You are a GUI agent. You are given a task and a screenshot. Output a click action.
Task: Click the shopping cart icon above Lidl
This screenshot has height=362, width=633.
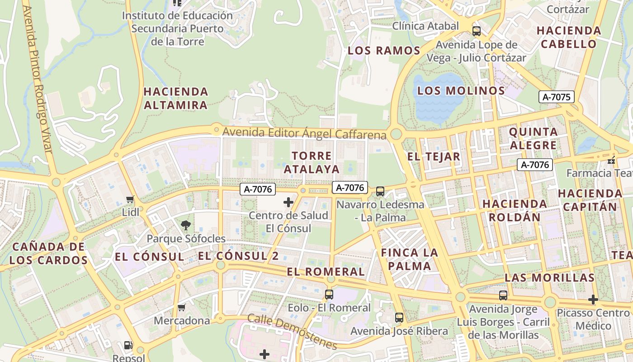click(130, 199)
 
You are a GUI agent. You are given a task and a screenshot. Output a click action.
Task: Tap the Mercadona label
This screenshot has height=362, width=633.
click(182, 321)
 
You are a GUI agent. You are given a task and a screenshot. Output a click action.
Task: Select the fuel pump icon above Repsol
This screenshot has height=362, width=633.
click(128, 345)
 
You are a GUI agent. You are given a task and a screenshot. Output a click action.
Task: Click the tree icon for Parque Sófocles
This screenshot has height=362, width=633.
click(185, 225)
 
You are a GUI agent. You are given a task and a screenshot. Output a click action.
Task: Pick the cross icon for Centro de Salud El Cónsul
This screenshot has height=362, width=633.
click(288, 202)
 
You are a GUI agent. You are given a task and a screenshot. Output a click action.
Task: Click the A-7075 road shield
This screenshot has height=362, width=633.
click(557, 96)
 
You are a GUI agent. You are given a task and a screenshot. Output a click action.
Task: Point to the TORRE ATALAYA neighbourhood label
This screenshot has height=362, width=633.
click(315, 162)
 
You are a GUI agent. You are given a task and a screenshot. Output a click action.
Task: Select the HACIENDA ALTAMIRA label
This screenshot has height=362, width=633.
click(175, 99)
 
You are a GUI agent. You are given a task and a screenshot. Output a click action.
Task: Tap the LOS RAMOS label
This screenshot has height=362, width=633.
click(384, 51)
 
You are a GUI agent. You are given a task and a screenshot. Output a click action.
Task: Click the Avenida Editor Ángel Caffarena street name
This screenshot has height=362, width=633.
click(304, 133)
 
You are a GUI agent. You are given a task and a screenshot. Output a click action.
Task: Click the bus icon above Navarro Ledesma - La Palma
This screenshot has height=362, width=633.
click(380, 191)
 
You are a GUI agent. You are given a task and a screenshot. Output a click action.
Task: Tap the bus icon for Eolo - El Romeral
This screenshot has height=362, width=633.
click(329, 295)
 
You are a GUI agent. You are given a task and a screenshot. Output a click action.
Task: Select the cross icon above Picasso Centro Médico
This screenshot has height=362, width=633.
click(593, 300)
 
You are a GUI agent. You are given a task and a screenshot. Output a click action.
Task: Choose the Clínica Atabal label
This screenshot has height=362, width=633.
click(425, 26)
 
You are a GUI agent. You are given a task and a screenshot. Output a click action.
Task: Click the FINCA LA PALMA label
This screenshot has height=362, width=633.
click(410, 259)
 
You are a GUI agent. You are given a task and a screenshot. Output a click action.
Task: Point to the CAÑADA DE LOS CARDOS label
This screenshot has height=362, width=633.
click(48, 253)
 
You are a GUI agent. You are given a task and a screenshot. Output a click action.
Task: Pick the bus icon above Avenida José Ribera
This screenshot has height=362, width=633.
click(399, 318)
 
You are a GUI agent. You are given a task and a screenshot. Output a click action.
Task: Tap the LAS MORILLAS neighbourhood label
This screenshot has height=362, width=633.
click(549, 277)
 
